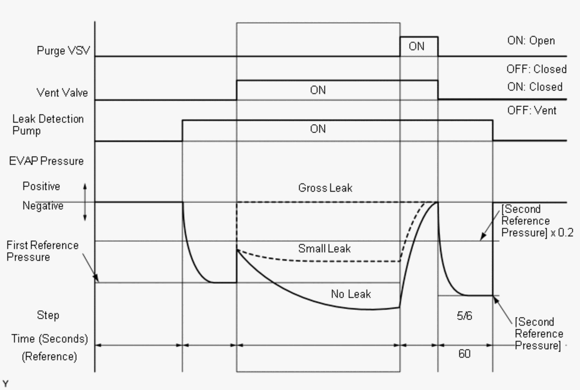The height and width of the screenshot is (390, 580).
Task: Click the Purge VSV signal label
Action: click(63, 51)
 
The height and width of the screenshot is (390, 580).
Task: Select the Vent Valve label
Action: click(62, 93)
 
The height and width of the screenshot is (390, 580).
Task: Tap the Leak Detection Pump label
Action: click(48, 125)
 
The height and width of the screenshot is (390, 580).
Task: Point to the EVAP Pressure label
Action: click(46, 161)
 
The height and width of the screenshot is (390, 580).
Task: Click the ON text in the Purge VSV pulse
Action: click(416, 47)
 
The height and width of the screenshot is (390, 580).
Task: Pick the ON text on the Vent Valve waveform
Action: click(318, 90)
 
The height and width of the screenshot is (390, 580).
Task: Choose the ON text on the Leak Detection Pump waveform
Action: click(318, 129)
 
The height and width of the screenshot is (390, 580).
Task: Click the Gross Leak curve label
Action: click(325, 188)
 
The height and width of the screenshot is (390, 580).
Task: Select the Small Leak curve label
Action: click(324, 249)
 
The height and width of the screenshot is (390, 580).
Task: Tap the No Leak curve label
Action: click(351, 294)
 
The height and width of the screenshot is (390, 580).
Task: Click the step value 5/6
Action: click(464, 316)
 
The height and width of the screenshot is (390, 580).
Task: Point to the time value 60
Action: click(464, 354)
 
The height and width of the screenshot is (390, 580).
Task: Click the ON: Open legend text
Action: click(531, 41)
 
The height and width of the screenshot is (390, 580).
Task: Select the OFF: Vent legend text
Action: click(532, 111)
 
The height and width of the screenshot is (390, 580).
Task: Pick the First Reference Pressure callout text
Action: click(42, 251)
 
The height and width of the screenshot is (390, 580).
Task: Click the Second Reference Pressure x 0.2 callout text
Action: click(537, 221)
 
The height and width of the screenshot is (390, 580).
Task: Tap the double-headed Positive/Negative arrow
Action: click(85, 202)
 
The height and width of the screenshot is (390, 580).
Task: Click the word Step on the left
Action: click(48, 315)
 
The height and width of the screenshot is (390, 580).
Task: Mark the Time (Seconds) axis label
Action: click(50, 339)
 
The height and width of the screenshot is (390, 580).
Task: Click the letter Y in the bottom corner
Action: click(5, 384)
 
